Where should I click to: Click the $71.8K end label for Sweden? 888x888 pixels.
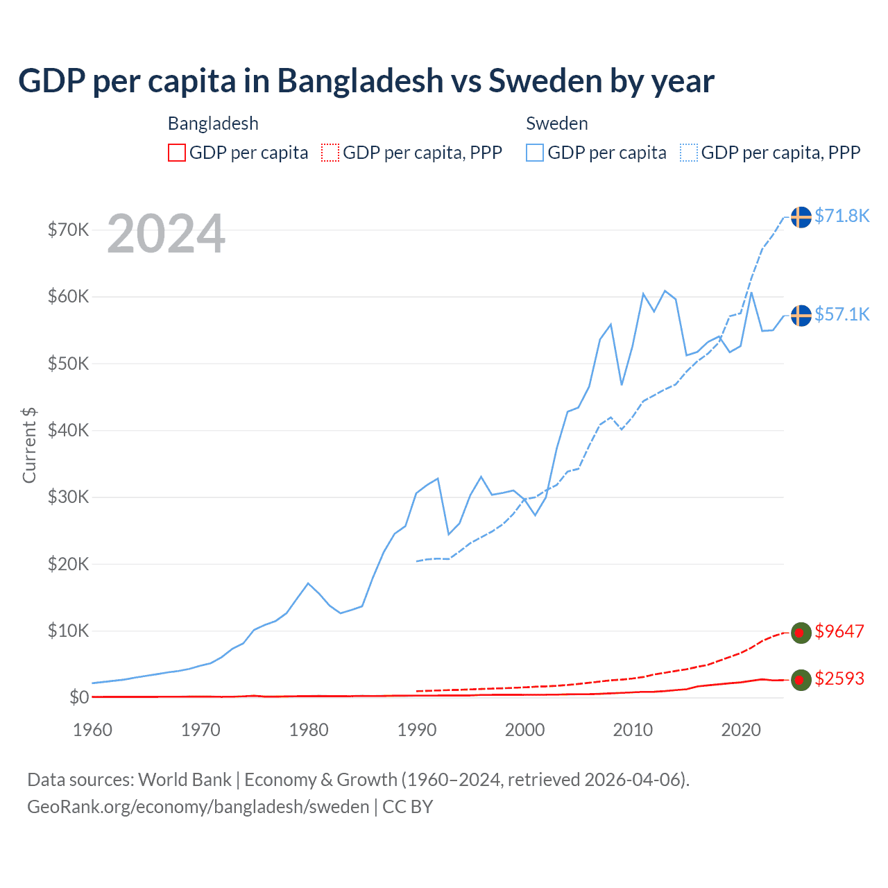[x=842, y=216]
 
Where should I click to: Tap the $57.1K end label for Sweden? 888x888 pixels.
[x=842, y=315]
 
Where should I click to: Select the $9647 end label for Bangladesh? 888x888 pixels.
[x=839, y=632]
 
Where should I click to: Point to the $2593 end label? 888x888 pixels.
[x=839, y=679]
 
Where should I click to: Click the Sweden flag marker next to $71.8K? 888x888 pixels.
[x=801, y=217]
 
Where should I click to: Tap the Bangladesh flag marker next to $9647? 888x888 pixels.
[x=801, y=633]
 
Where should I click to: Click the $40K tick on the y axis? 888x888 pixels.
[x=68, y=431]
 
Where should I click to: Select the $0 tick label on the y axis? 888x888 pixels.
[x=79, y=697]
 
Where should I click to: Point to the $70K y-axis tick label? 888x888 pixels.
[x=68, y=230]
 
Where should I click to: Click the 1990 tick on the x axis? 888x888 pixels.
[x=417, y=731]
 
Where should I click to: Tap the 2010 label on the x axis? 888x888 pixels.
[x=633, y=731]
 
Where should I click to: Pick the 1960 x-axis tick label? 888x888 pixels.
[x=92, y=731]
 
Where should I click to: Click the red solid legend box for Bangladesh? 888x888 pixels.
[x=177, y=153]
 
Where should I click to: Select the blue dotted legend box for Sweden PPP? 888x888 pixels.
[x=689, y=153]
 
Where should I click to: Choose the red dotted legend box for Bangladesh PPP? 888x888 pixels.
[x=330, y=153]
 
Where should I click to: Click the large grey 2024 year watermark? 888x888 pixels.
[x=166, y=234]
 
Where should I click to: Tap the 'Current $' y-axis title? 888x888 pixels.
[x=29, y=445]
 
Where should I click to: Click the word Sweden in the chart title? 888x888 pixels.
[x=545, y=81]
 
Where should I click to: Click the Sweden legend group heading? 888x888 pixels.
[x=556, y=123]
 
